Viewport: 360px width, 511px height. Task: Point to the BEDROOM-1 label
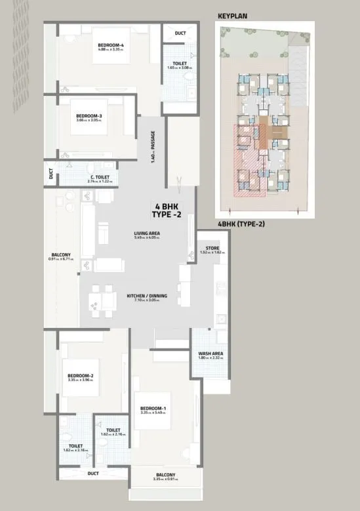(153, 409)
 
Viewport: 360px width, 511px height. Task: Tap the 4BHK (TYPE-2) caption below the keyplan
(241, 224)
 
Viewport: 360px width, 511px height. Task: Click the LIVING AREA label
(147, 233)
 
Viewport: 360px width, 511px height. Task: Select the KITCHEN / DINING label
(147, 296)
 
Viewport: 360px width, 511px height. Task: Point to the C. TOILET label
(100, 177)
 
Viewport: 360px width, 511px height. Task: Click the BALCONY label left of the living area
(61, 255)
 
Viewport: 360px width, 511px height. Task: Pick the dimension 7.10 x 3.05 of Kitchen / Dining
(147, 300)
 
